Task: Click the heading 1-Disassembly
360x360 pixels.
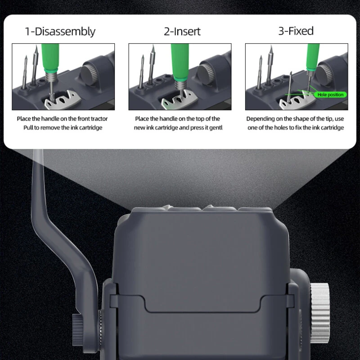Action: click(60, 31)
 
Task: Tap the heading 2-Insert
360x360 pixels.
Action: click(182, 31)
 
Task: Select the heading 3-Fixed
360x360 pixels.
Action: click(296, 31)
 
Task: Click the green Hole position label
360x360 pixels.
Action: click(330, 94)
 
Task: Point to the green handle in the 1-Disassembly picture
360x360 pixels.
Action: click(50, 58)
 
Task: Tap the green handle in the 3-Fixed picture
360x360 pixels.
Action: click(313, 56)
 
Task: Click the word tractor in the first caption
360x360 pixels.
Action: click(99, 119)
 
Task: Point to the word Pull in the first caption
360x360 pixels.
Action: click(28, 128)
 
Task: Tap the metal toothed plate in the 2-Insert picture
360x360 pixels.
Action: click(180, 99)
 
